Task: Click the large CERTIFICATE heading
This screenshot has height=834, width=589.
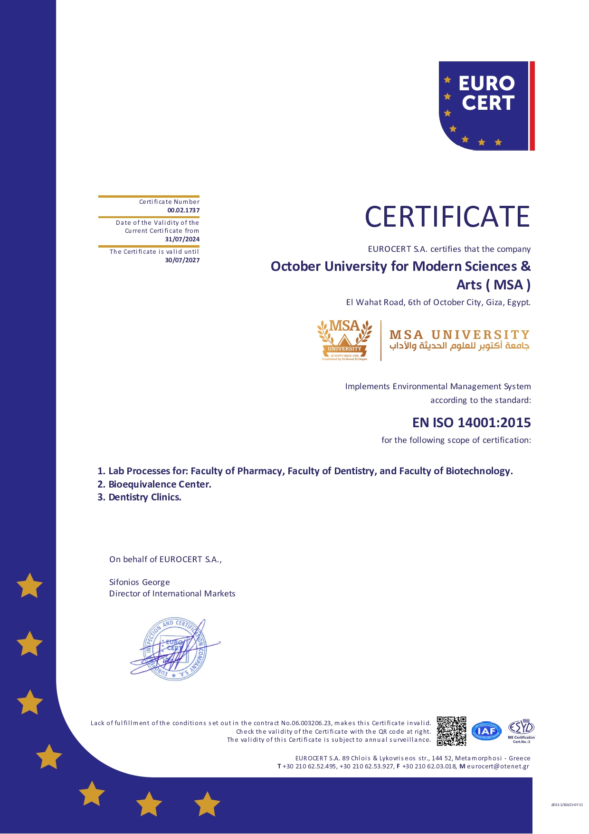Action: click(x=447, y=217)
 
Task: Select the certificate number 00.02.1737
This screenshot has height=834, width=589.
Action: click(x=183, y=210)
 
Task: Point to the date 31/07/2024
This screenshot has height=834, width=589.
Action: click(x=182, y=239)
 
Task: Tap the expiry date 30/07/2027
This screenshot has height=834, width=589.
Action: click(x=182, y=260)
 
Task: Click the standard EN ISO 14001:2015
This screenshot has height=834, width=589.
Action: click(x=471, y=422)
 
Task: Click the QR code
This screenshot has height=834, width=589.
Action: click(x=451, y=731)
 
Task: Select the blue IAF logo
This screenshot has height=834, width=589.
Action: click(x=486, y=731)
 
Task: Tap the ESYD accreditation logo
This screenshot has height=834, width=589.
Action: click(x=521, y=730)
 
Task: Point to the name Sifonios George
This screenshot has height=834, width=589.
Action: click(x=139, y=582)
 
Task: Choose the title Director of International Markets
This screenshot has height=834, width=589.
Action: click(x=172, y=594)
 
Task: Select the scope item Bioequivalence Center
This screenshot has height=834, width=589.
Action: click(x=160, y=484)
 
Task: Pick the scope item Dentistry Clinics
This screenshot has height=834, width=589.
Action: click(x=145, y=497)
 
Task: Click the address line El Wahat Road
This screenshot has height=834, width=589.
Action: click(x=437, y=302)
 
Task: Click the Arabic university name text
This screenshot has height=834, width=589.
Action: click(x=459, y=346)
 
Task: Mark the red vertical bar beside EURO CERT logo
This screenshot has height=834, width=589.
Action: click(x=532, y=105)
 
